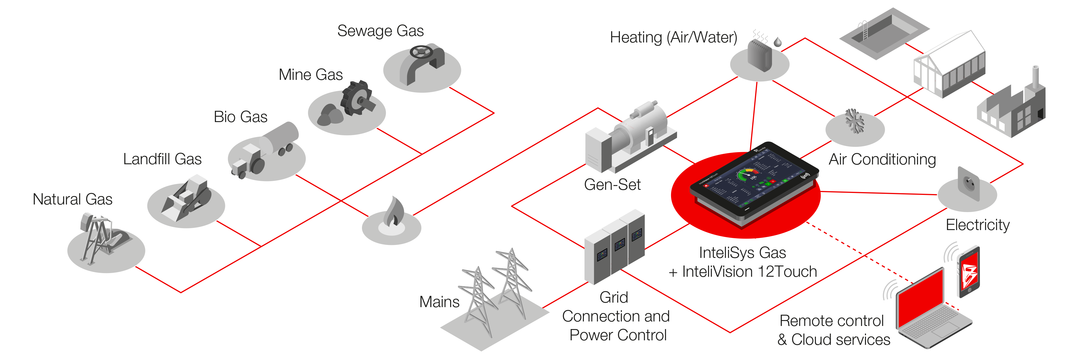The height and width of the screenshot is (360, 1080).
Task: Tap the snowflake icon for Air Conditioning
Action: click(x=854, y=121)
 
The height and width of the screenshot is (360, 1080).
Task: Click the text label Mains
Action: click(x=439, y=302)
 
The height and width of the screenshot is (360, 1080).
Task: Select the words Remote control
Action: click(x=831, y=321)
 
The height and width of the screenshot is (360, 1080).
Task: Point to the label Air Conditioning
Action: click(x=882, y=159)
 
